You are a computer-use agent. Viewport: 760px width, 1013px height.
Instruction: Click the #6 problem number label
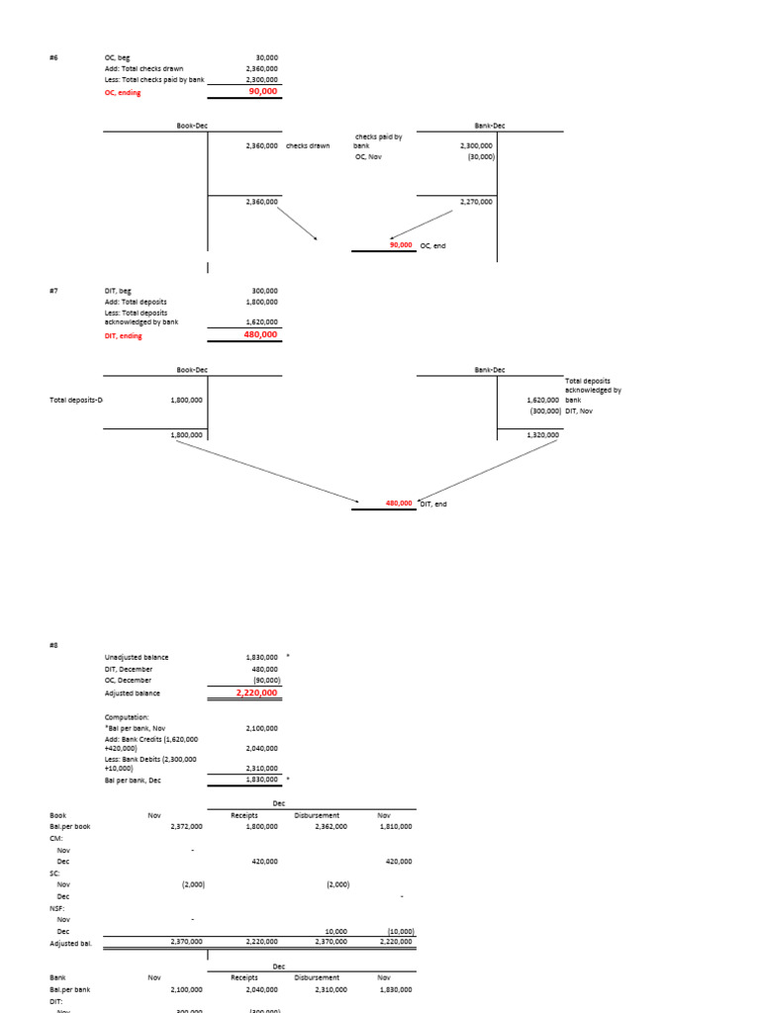click(x=53, y=58)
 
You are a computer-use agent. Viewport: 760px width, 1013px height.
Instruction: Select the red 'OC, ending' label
click(x=123, y=92)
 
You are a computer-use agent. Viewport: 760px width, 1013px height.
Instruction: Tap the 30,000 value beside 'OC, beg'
click(x=266, y=58)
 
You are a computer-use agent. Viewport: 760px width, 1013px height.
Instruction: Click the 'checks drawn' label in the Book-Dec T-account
click(x=308, y=145)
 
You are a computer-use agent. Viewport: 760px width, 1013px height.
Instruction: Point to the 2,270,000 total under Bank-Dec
click(x=476, y=202)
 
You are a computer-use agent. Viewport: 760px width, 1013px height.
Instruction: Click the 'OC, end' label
click(x=432, y=245)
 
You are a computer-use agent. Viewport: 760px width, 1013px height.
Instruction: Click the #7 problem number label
click(x=53, y=291)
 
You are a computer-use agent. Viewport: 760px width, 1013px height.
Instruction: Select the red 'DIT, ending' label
click(x=124, y=335)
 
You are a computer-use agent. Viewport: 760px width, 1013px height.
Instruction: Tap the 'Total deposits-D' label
click(x=76, y=400)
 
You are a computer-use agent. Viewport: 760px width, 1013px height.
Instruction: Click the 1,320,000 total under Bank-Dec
click(x=542, y=434)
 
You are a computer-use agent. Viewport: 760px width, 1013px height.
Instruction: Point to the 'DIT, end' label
click(x=433, y=504)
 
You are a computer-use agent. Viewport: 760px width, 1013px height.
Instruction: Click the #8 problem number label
click(x=53, y=642)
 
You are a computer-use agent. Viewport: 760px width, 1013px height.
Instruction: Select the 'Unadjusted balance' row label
click(x=137, y=657)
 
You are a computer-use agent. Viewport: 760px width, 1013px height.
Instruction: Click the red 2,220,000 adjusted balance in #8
click(x=257, y=693)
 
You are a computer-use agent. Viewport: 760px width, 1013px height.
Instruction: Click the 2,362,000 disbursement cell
click(x=331, y=826)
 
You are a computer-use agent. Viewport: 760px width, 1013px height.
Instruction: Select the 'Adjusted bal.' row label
click(x=70, y=944)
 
